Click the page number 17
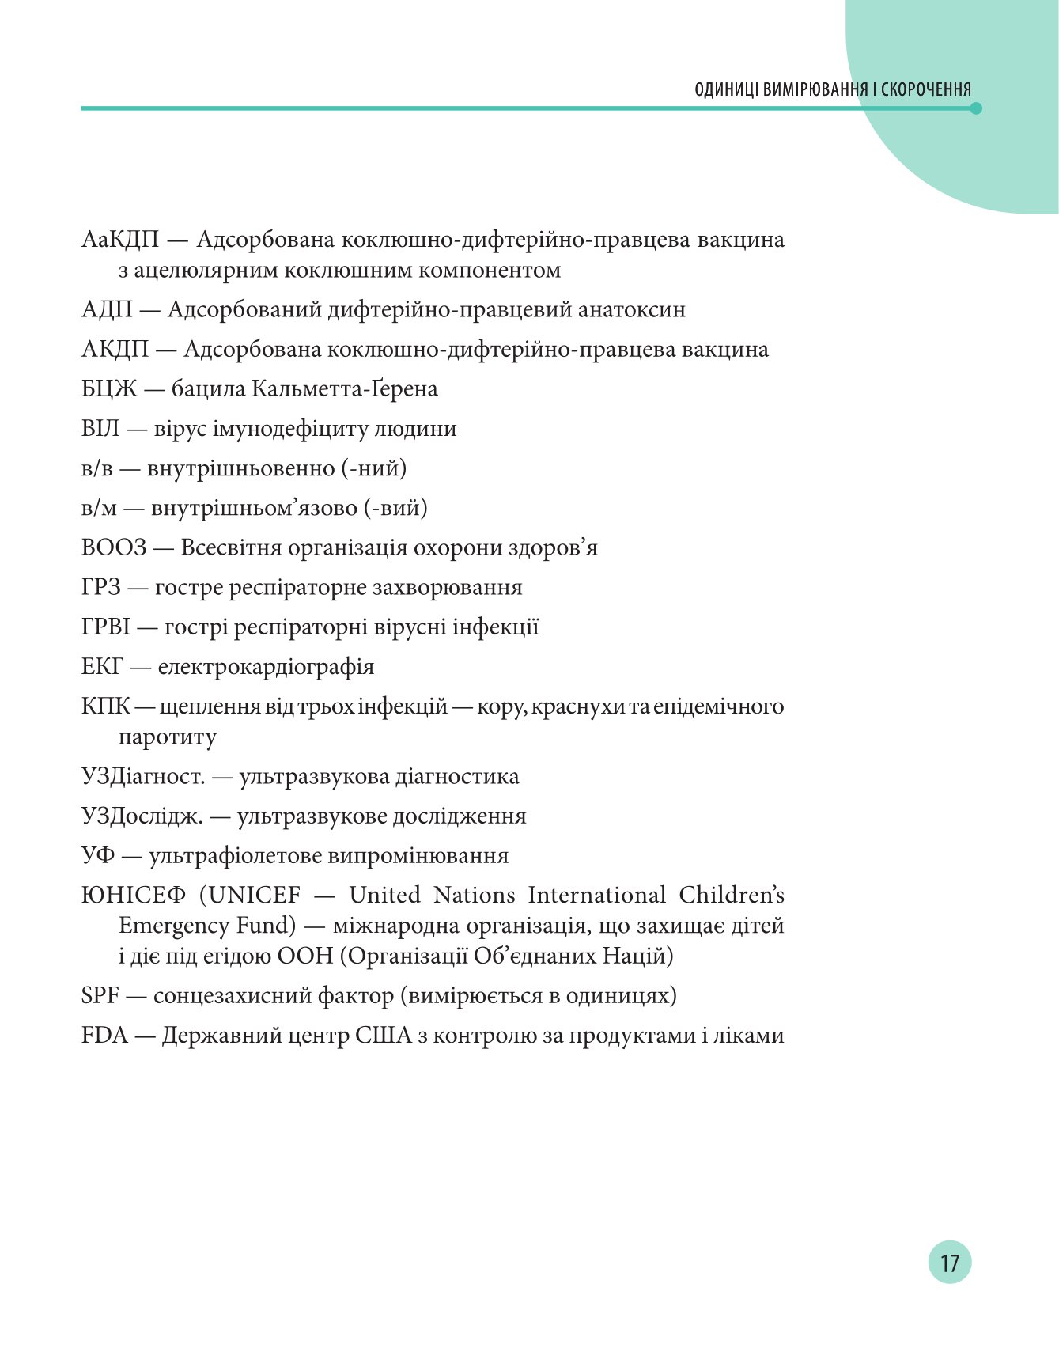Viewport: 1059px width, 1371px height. [x=949, y=1262]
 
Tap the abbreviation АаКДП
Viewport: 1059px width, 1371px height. [x=120, y=239]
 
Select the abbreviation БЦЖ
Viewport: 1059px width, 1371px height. [x=109, y=389]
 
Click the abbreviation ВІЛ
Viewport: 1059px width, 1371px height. [x=100, y=429]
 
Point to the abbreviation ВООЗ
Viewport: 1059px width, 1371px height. [x=114, y=547]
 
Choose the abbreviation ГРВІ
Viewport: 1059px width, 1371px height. [x=106, y=627]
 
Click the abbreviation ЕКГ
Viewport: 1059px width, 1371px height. [x=103, y=667]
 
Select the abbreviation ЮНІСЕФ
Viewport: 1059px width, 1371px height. [x=134, y=896]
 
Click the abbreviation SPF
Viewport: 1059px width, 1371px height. [x=100, y=995]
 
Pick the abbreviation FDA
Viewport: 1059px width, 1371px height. [x=104, y=1036]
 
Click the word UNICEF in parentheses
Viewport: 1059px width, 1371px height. [x=255, y=896]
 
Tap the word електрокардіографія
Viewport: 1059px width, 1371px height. [x=266, y=667]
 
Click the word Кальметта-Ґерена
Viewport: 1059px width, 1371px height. [x=345, y=389]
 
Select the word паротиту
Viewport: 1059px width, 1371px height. [x=167, y=737]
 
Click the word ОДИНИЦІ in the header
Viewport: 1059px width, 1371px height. [x=727, y=89]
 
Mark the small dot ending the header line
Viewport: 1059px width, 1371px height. [x=976, y=108]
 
